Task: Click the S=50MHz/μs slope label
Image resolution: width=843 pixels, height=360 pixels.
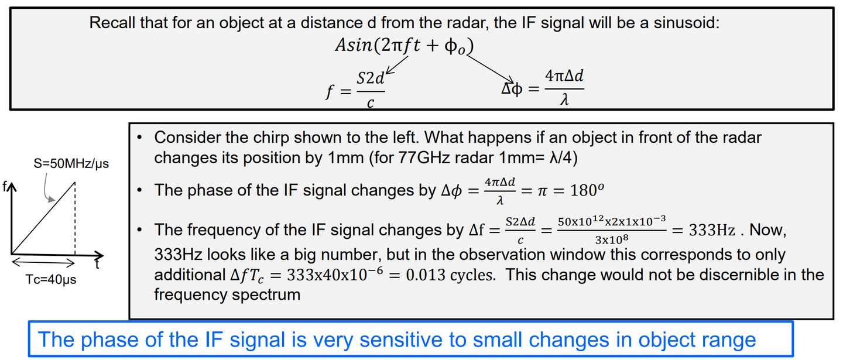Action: (x=71, y=164)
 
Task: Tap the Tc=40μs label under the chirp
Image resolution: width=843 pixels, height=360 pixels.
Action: (x=51, y=279)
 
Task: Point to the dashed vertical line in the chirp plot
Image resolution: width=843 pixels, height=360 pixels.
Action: (x=75, y=218)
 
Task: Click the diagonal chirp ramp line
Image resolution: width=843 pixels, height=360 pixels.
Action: (x=43, y=218)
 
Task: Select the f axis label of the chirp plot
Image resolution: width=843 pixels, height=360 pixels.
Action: (x=5, y=186)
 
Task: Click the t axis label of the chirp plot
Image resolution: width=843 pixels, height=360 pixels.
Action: (x=97, y=265)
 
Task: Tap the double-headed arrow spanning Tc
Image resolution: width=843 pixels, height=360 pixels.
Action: (x=43, y=263)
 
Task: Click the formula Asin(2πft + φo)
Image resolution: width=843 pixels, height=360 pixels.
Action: (x=405, y=46)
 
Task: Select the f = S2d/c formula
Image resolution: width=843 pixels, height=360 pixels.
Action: (x=355, y=90)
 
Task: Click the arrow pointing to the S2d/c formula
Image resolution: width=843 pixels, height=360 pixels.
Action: (x=397, y=65)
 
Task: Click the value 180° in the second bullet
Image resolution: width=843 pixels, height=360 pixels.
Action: (x=587, y=190)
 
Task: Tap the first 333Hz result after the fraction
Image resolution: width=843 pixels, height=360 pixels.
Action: (x=712, y=230)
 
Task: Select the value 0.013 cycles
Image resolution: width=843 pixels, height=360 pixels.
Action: (x=451, y=275)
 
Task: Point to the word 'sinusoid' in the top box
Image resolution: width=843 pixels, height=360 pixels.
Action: (x=687, y=23)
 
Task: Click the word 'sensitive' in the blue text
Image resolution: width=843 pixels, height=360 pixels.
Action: (x=397, y=340)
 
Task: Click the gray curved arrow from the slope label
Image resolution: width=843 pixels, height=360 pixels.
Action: (x=46, y=188)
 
